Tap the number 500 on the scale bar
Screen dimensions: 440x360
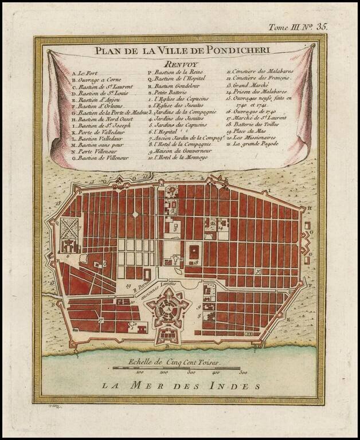pyautogui.click(x=242, y=372)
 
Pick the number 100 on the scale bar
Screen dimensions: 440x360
pyautogui.click(x=138, y=372)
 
